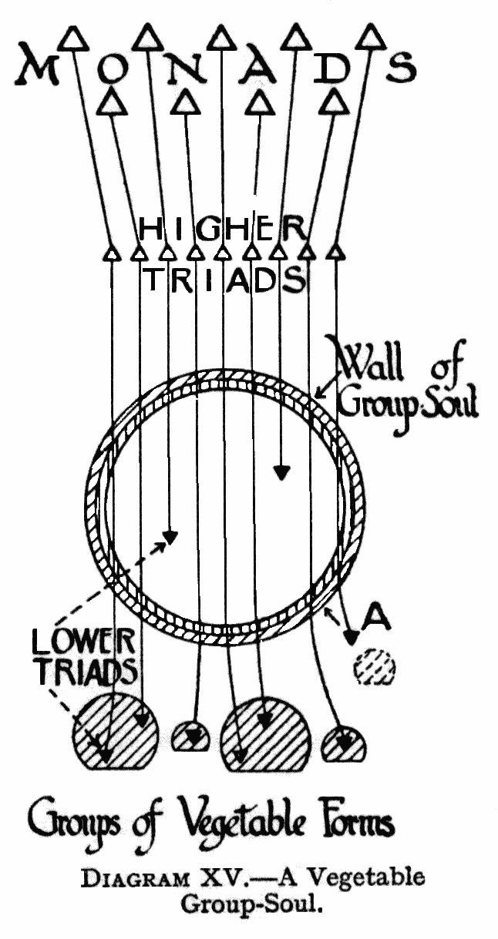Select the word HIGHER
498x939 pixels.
click(x=224, y=227)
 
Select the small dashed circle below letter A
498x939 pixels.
click(x=374, y=667)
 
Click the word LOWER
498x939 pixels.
click(x=85, y=640)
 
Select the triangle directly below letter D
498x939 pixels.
click(x=334, y=101)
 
